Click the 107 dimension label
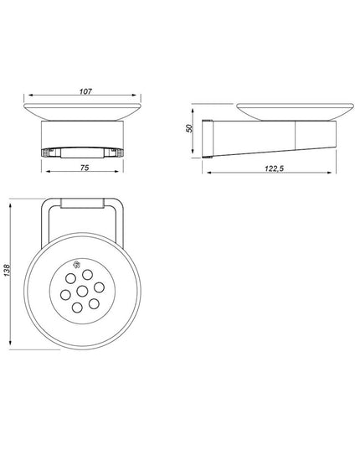pos(85,91)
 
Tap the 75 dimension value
pos(85,168)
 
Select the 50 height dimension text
pos(189,128)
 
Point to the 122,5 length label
pos(274,168)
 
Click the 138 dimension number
pos(7,271)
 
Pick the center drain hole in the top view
pos(83,292)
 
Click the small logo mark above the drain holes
pos(76,264)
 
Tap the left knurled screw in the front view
pos(44,153)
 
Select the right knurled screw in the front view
pos(120,153)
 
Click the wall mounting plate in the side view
pos(208,138)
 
